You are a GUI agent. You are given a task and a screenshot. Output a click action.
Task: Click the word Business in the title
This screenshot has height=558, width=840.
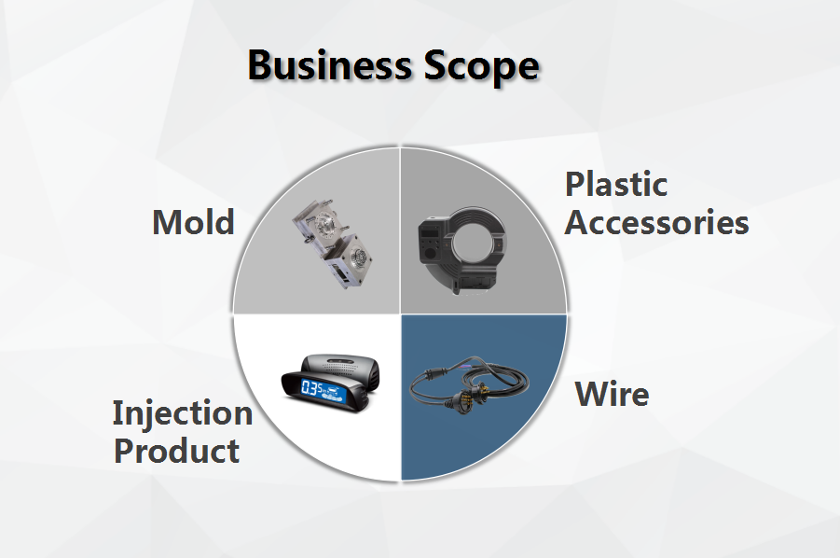[329, 65]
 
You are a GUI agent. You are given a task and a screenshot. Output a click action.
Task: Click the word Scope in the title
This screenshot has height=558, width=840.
[481, 68]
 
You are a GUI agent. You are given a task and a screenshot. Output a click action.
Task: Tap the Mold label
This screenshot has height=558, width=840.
[193, 222]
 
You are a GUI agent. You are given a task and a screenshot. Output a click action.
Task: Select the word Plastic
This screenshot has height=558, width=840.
[616, 184]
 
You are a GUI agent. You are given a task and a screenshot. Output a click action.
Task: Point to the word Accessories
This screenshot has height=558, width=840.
[656, 222]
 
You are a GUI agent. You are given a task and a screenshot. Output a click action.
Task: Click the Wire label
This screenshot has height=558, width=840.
[612, 394]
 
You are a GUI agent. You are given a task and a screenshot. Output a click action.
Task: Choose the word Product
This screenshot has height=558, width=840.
[177, 451]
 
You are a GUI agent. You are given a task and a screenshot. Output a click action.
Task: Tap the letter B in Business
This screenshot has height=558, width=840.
[260, 65]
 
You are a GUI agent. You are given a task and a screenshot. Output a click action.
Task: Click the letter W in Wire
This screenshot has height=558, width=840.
[593, 394]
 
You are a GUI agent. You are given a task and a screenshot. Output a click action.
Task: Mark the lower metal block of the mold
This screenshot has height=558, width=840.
[349, 263]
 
